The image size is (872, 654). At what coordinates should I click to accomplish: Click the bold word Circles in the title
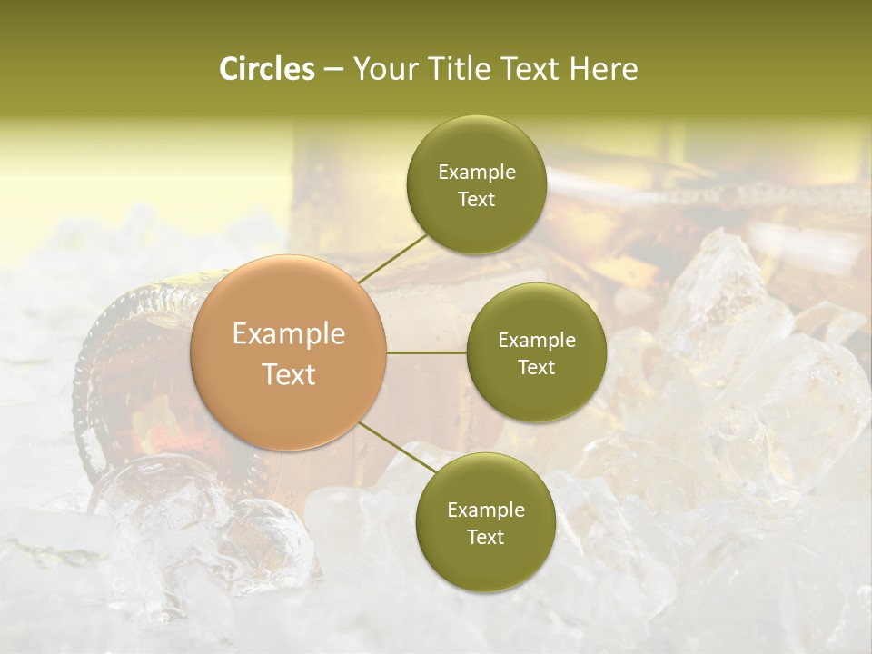[x=266, y=69]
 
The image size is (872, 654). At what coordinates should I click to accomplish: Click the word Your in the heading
[x=382, y=69]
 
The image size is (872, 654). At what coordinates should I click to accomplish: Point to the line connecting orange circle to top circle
[x=392, y=258]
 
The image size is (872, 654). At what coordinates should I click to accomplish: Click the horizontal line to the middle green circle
[x=427, y=352]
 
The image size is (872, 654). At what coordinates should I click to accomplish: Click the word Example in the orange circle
[x=289, y=334]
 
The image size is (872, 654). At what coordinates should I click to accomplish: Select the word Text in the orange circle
[x=289, y=374]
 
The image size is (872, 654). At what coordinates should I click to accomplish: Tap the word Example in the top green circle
[x=476, y=173]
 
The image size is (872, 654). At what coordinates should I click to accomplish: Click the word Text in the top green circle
[x=476, y=200]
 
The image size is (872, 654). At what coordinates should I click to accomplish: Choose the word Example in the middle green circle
[x=537, y=341]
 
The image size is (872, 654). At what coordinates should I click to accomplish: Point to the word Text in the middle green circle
[x=537, y=368]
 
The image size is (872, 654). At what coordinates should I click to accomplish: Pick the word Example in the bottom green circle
[x=485, y=510]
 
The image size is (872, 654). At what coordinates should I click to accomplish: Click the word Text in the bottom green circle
[x=485, y=538]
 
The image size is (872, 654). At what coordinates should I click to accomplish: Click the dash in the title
[x=333, y=70]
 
